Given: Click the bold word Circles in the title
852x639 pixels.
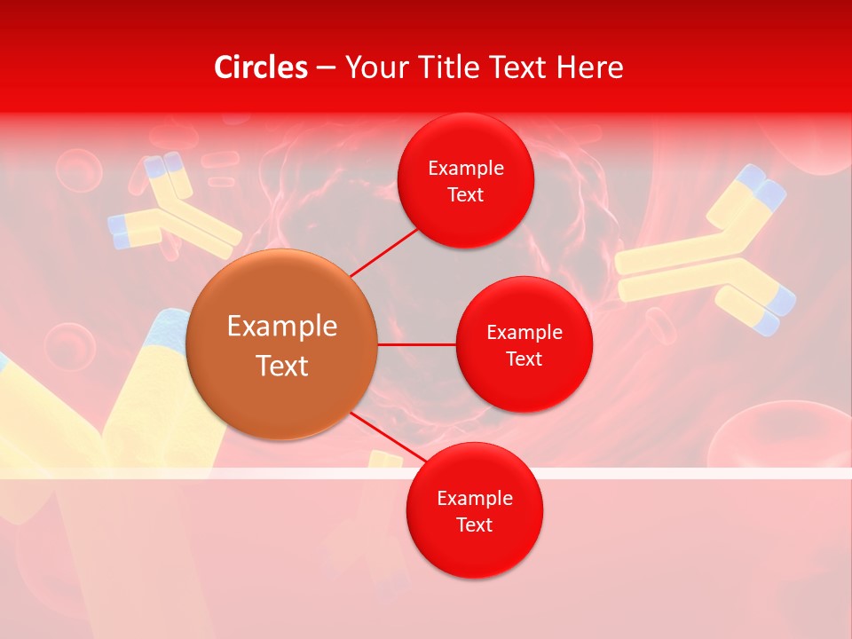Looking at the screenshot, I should coord(261,67).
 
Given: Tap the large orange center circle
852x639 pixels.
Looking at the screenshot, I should coord(282,344).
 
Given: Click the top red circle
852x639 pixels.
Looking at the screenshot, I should coord(465,180).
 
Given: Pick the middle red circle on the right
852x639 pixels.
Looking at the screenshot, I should coord(524,344).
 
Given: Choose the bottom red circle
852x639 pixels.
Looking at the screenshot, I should coord(474,510).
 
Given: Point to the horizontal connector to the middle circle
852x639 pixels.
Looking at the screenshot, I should coord(416,344).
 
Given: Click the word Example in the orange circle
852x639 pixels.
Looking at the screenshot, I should coord(282,326).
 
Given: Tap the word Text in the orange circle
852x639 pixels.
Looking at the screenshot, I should coord(282,366).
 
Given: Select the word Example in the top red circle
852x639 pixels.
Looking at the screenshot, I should coord(465,168).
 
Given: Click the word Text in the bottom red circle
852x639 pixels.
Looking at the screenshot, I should coord(474,525).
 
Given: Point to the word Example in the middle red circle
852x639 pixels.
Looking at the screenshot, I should coord(524,332).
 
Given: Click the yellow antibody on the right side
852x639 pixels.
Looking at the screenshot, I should coord(701,257).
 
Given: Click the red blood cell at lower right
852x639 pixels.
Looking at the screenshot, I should coord(781,435).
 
